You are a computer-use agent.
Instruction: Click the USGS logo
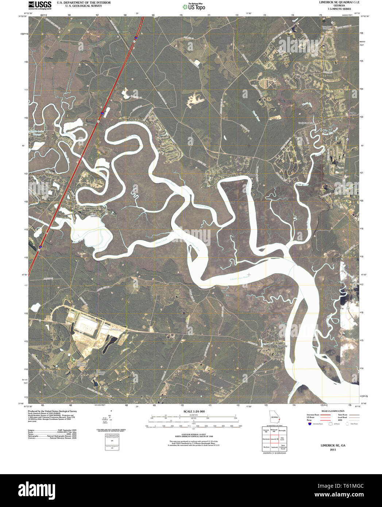tap(39, 5)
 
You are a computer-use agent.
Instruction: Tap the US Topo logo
tap(196, 6)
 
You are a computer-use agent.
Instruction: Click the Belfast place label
tap(251, 175)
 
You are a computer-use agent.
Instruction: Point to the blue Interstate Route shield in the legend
tap(309, 424)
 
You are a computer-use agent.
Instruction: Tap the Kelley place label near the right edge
tap(352, 113)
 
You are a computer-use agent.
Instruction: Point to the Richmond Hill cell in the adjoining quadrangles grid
tap(274, 431)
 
